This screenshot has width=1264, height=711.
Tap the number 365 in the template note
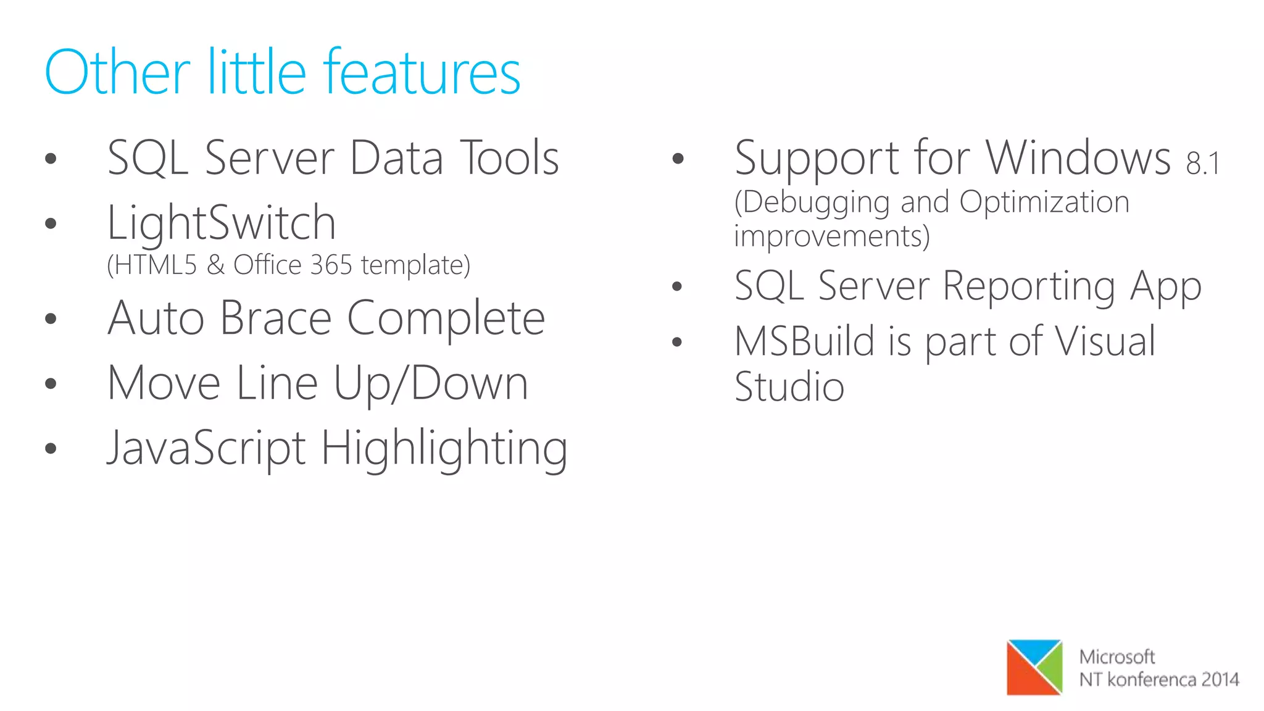[331, 265]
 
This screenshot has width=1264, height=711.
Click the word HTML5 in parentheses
[155, 265]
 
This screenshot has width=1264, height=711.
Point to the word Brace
[276, 318]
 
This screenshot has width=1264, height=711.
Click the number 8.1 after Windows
[1202, 164]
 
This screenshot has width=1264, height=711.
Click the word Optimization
[1044, 202]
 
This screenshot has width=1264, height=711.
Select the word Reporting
[1029, 286]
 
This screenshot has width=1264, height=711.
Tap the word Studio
[789, 388]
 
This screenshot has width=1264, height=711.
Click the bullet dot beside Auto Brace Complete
[51, 319]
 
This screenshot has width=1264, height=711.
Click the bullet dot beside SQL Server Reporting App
[677, 286]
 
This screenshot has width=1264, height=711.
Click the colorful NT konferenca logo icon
[1034, 667]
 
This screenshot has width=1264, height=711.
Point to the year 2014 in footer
[1220, 680]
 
